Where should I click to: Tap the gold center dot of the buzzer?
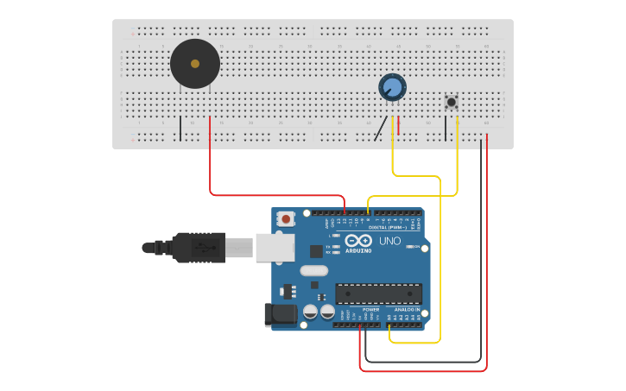point(195,64)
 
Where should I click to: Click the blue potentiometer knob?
point(392,87)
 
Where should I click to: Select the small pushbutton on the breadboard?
point(451,102)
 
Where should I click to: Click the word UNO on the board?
point(389,241)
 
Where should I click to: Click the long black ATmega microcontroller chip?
point(378,293)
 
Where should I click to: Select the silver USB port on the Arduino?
point(275,247)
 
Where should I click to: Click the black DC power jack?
point(280,314)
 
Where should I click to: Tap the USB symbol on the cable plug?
point(205,247)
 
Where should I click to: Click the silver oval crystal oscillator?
point(314,270)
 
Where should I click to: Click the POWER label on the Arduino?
point(370,309)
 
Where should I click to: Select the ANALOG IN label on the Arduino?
point(407,309)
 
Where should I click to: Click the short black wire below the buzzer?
point(180,128)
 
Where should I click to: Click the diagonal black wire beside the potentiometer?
point(380,129)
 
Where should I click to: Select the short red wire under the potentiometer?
point(399,126)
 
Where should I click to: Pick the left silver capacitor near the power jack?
point(313,312)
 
